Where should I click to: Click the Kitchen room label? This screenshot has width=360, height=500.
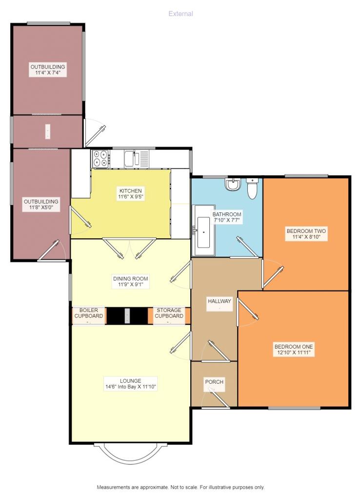tap(131, 191)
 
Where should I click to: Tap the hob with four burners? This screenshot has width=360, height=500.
tap(100, 158)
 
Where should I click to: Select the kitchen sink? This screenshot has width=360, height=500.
tap(137, 158)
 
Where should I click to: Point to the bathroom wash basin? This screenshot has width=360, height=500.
tap(233, 184)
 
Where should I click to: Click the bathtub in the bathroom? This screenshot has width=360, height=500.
tap(203, 230)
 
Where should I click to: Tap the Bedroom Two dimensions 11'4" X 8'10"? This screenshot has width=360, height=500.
tap(306, 237)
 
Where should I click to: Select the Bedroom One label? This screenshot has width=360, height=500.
tap(294, 347)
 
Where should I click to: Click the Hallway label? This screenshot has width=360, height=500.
tap(220, 301)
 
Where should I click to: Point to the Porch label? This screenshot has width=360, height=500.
tap(214, 382)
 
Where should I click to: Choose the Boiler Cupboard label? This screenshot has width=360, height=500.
tap(89, 313)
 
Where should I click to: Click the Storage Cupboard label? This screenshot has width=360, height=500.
tap(169, 313)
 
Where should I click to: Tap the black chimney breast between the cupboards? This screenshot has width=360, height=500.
tap(127, 316)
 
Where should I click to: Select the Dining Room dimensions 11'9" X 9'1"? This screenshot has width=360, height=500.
tap(131, 285)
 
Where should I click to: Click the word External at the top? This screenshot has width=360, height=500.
tap(180, 14)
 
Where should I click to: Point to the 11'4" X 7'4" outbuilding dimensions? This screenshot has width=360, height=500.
tap(48, 73)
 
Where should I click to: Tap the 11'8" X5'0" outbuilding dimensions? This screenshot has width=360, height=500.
tap(41, 208)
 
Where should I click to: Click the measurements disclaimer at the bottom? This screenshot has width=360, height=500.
tap(180, 487)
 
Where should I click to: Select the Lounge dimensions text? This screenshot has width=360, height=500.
tap(131, 387)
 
